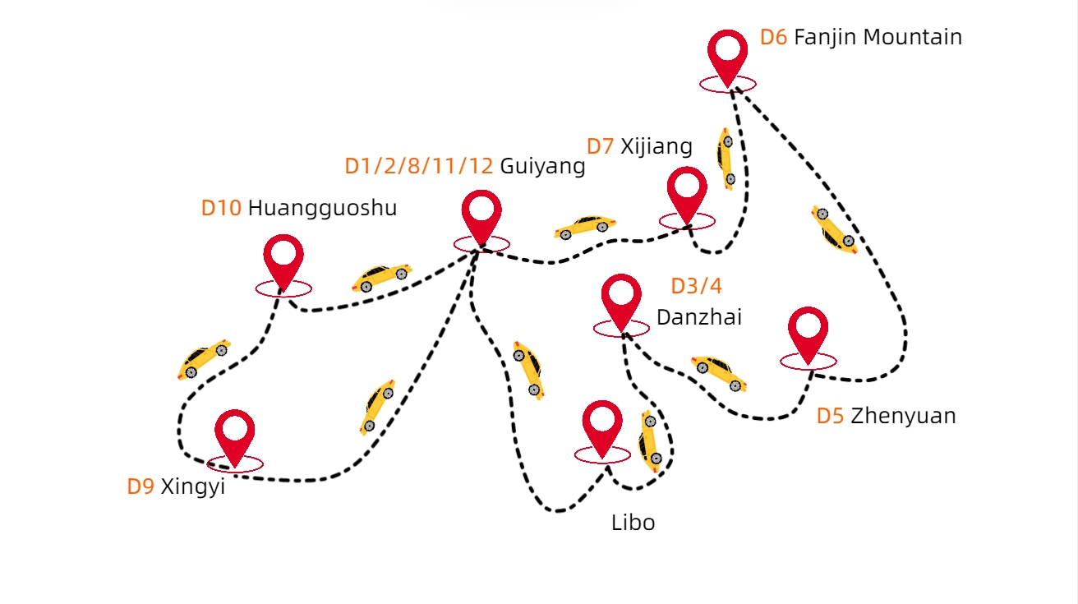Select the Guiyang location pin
pyautogui.click(x=481, y=213)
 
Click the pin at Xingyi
pyautogui.click(x=235, y=433)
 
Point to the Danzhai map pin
pyautogui.click(x=621, y=297)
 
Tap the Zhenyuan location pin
pyautogui.click(x=808, y=330)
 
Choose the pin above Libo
pyautogui.click(x=602, y=424)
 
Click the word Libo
pyautogui.click(x=633, y=523)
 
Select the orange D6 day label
pyautogui.click(x=773, y=37)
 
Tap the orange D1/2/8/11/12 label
pyautogui.click(x=419, y=167)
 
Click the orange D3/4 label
pyautogui.click(x=696, y=286)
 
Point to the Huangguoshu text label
pyautogui.click(x=322, y=209)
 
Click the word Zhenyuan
pyautogui.click(x=903, y=416)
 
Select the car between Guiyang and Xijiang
pyautogui.click(x=586, y=226)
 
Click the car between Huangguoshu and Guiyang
pyautogui.click(x=382, y=277)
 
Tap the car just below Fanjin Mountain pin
pyautogui.click(x=726, y=158)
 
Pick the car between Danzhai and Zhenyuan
pyautogui.click(x=719, y=372)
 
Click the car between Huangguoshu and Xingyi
pyautogui.click(x=203, y=359)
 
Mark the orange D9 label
pyautogui.click(x=141, y=486)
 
